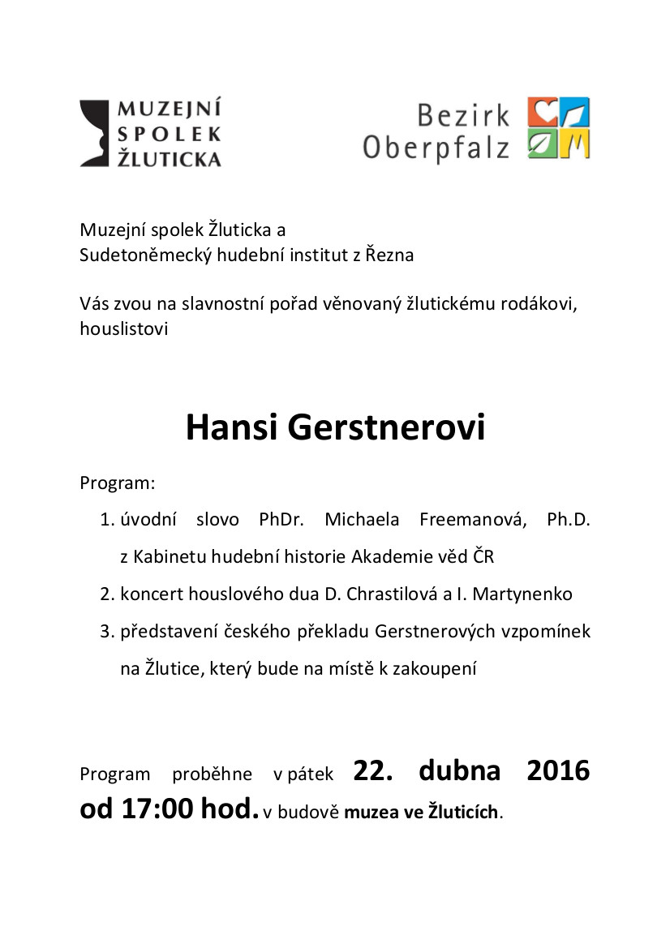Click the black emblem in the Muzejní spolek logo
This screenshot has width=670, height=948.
pos(94,133)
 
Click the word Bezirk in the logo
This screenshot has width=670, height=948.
pos(463,115)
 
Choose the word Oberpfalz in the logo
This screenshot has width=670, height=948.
pos(436,148)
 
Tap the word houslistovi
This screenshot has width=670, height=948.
pos(124,328)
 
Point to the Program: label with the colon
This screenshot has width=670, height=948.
pos(117,483)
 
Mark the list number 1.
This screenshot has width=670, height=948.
pos(105,520)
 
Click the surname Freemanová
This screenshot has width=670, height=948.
pos(473,520)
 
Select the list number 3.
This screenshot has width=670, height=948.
pos(105,631)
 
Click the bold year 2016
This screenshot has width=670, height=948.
pos(558,770)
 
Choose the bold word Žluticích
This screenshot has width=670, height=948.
pos(461,812)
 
